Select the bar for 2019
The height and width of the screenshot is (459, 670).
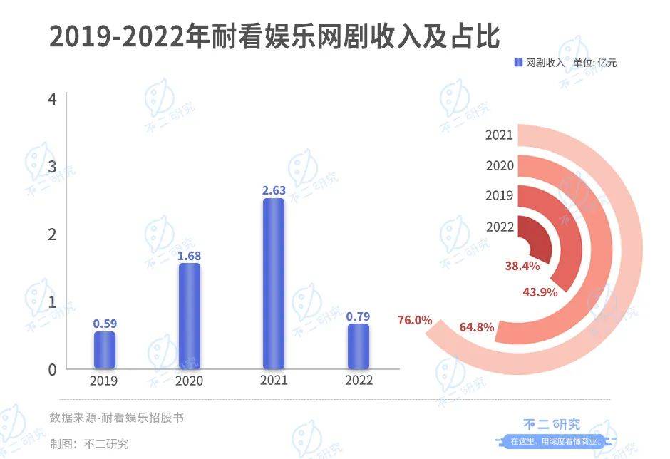click(104, 351)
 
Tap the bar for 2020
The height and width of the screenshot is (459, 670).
click(189, 316)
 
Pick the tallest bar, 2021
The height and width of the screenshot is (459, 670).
click(274, 284)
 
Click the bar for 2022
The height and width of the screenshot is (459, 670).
click(359, 347)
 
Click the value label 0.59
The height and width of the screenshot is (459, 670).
click(104, 324)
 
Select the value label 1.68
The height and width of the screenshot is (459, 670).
click(189, 255)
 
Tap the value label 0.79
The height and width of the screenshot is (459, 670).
click(359, 316)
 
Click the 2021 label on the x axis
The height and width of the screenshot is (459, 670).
click(274, 381)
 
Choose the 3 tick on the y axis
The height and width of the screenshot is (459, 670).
click(51, 166)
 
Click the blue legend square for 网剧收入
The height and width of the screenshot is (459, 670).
click(519, 63)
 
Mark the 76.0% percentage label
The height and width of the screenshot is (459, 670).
click(415, 320)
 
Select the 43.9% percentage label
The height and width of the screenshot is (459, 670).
click(540, 292)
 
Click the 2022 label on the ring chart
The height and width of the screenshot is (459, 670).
click(500, 227)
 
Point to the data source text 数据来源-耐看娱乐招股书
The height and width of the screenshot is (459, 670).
click(116, 418)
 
